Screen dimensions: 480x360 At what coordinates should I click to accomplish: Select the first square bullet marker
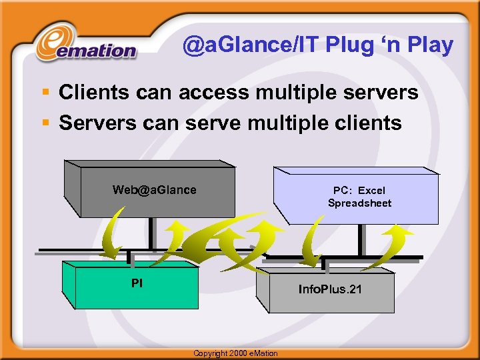(46, 93)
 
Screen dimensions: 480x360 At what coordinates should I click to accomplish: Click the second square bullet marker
(46, 123)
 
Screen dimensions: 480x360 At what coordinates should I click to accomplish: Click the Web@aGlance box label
(154, 190)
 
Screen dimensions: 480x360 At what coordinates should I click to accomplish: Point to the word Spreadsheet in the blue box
(359, 203)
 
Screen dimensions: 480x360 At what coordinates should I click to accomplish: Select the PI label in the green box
(137, 283)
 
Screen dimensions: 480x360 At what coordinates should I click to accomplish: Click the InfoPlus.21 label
(330, 289)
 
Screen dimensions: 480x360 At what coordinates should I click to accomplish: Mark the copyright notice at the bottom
(235, 353)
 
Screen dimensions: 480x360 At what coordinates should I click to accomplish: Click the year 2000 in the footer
(237, 353)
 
